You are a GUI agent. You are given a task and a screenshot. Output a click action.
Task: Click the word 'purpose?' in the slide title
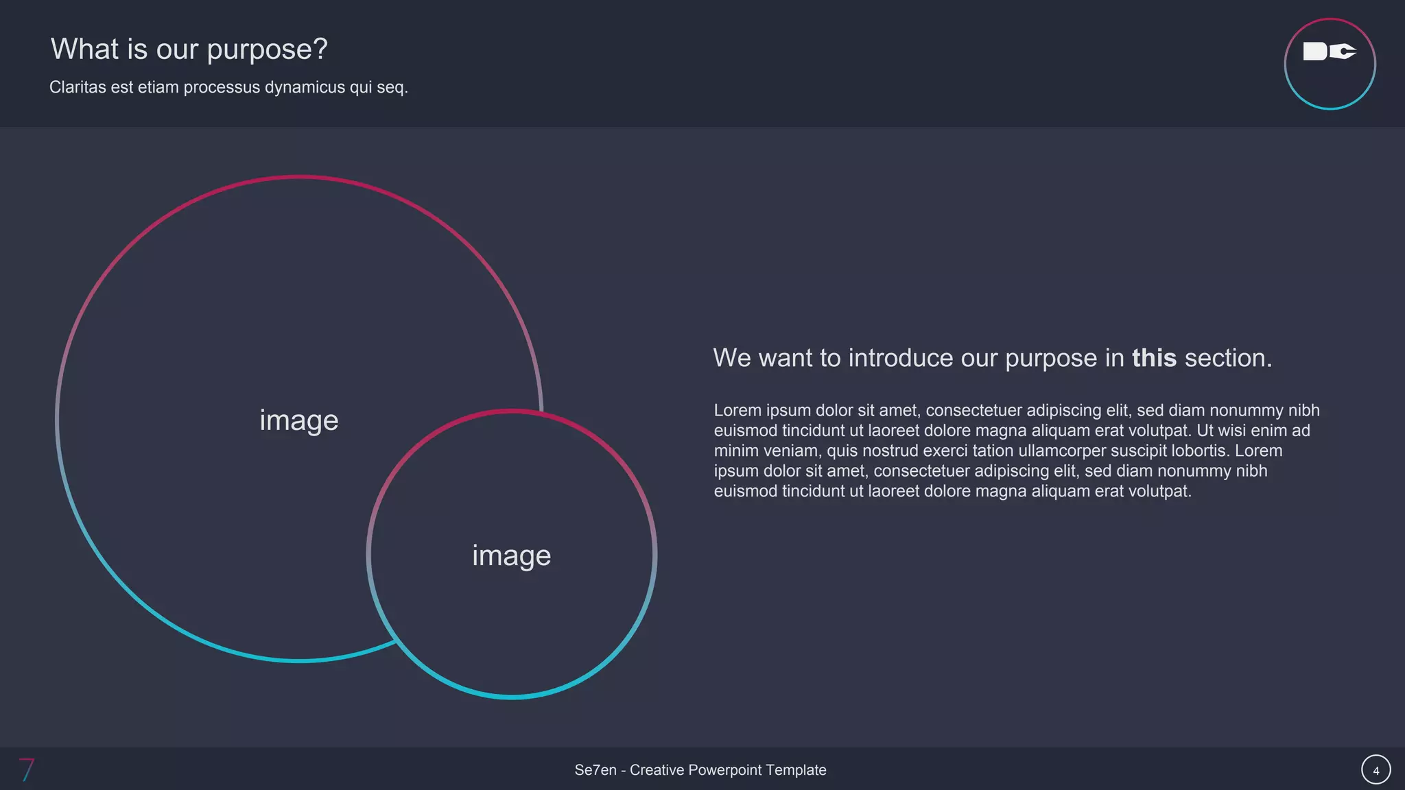(267, 50)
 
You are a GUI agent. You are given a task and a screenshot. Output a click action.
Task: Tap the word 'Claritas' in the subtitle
(78, 87)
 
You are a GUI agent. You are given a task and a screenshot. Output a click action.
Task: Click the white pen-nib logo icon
(1329, 51)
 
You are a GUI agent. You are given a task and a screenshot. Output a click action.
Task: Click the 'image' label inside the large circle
(299, 420)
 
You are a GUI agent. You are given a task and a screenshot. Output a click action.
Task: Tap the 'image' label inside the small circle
(511, 555)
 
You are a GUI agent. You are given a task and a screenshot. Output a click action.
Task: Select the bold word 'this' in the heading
(1154, 358)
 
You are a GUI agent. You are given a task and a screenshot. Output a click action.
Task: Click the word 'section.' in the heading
(1228, 358)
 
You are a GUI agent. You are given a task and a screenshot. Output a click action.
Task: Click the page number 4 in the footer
(1376, 770)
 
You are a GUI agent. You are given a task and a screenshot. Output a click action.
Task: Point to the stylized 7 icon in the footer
(27, 769)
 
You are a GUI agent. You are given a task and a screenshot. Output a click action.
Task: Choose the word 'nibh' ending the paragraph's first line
(1303, 410)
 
